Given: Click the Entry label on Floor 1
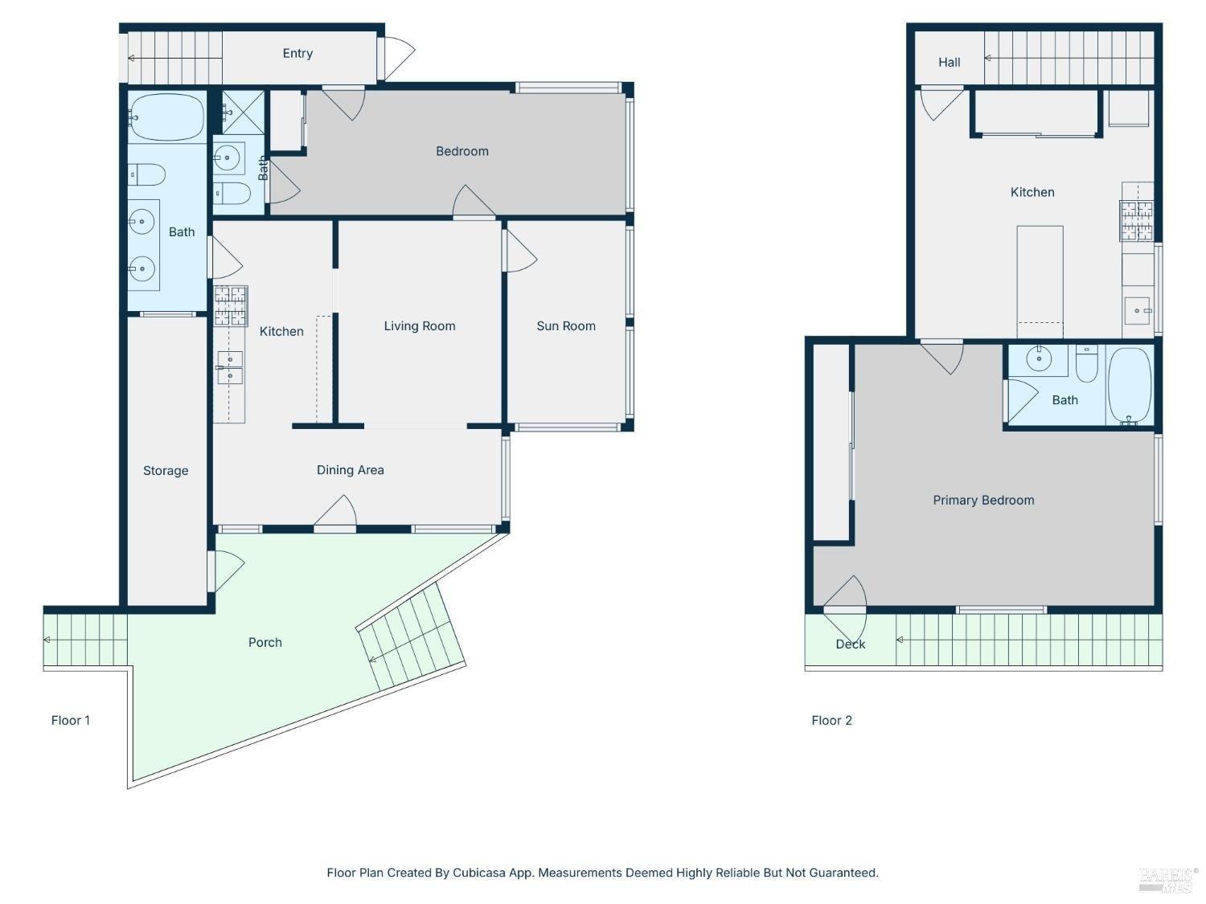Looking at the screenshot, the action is click(297, 53).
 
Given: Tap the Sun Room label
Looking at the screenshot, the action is click(565, 326).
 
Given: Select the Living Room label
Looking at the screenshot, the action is click(419, 326).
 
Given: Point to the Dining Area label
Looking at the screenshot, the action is click(350, 470).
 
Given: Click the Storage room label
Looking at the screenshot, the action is click(166, 470).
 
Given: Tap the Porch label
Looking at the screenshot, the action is click(265, 642).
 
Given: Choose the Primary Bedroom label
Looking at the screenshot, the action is click(983, 500).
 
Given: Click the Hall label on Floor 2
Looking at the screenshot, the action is click(949, 63).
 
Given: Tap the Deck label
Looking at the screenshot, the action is click(850, 644).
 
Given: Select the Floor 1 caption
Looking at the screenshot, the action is click(70, 720).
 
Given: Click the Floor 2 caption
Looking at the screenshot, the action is click(831, 720).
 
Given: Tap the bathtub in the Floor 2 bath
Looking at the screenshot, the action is click(1130, 386).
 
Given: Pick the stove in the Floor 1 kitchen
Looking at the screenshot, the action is click(231, 305).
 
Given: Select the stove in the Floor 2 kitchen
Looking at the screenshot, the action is click(1136, 221).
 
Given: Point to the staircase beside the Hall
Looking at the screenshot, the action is click(1069, 58).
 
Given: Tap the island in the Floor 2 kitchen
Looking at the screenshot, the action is click(1040, 281).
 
